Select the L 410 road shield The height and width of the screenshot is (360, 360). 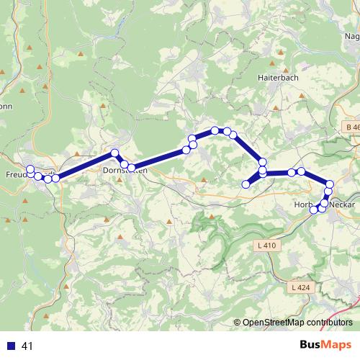click(266, 246)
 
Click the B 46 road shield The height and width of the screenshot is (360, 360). click(351, 127)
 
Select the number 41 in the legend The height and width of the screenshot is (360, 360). click(27, 346)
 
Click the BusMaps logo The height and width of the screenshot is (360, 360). click(325, 346)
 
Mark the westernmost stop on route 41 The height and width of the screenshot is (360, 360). click(30, 170)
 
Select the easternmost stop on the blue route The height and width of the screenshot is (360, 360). click(330, 184)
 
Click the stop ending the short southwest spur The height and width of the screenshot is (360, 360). click(246, 184)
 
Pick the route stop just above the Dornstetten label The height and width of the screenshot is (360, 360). click(124, 164)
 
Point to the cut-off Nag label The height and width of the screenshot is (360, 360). click(352, 37)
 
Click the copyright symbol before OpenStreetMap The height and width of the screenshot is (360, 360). click(238, 323)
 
